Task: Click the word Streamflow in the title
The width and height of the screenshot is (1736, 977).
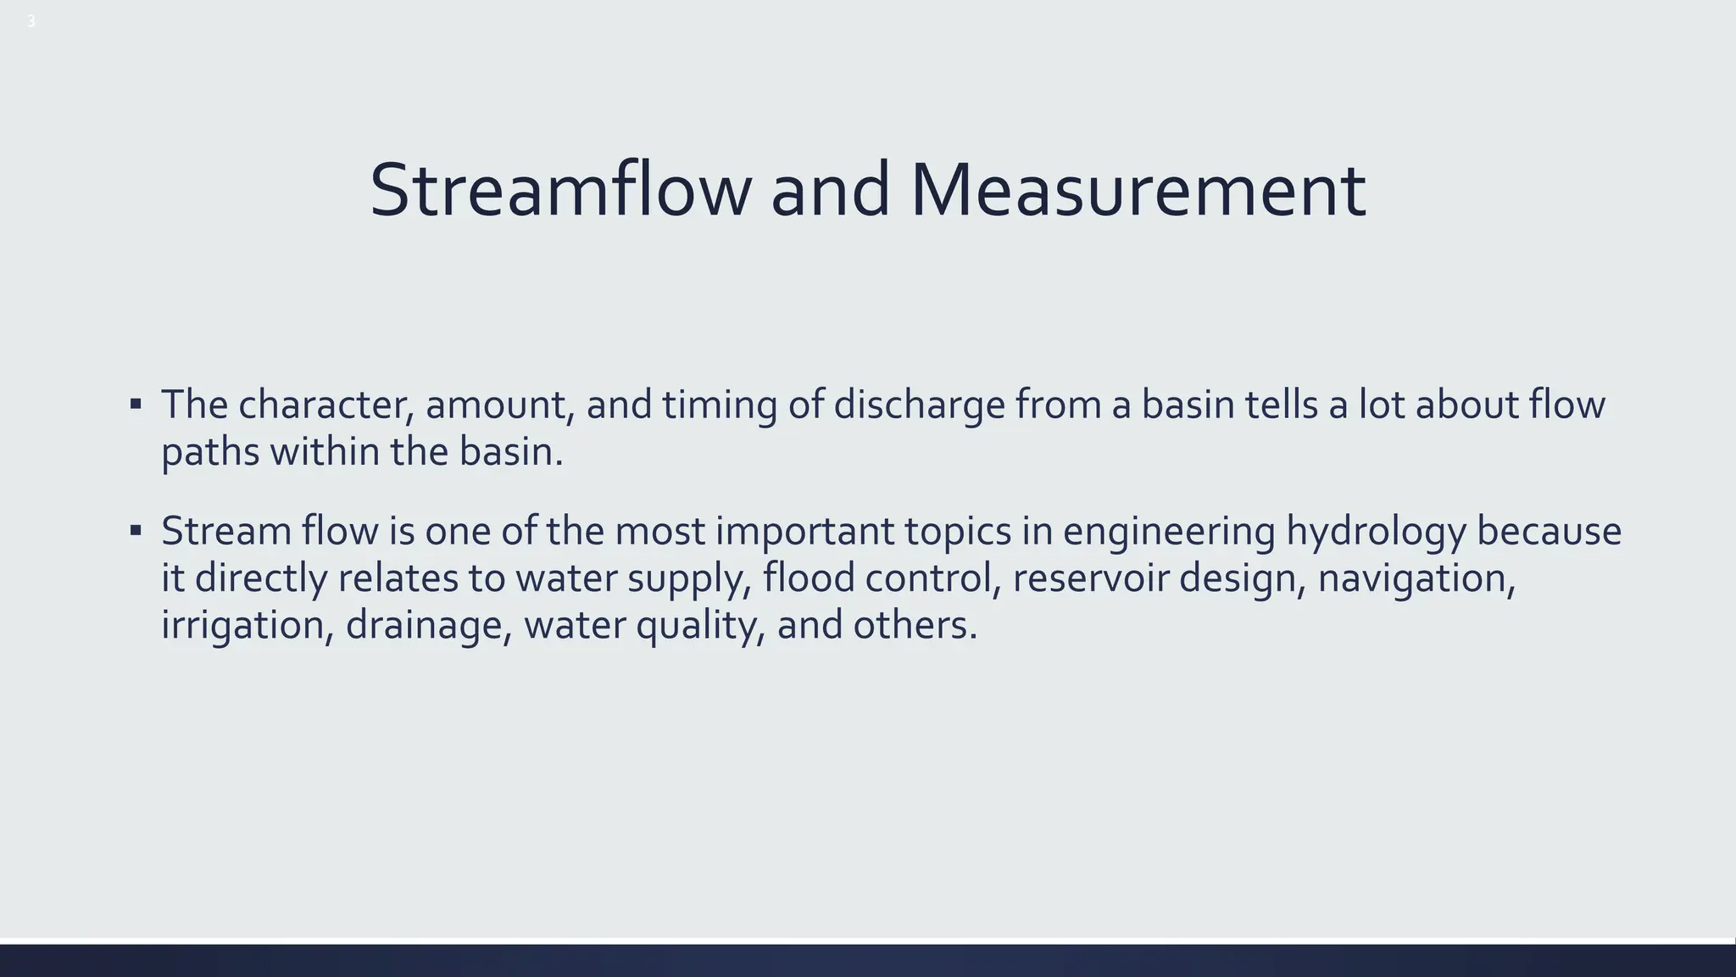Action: pyautogui.click(x=559, y=190)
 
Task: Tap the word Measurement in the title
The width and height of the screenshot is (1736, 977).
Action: pyautogui.click(x=1138, y=190)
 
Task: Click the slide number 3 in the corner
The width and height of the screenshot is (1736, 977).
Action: pyautogui.click(x=31, y=22)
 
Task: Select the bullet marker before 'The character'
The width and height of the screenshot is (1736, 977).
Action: pyautogui.click(x=136, y=405)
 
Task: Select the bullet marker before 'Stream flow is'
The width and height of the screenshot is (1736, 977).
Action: pyautogui.click(x=136, y=531)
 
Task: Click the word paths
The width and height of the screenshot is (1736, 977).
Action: pyautogui.click(x=210, y=453)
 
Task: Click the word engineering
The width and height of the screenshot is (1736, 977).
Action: pyautogui.click(x=1169, y=533)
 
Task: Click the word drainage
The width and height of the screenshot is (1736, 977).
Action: pyautogui.click(x=429, y=627)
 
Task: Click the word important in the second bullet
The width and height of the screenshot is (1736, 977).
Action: pyautogui.click(x=804, y=533)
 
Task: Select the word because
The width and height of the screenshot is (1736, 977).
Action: pyautogui.click(x=1549, y=531)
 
